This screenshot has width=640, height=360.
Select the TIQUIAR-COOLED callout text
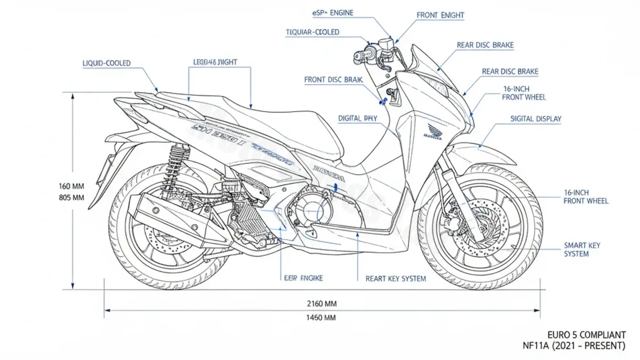313,33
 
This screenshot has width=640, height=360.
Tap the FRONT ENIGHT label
441,15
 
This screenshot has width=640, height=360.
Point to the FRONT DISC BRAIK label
333,80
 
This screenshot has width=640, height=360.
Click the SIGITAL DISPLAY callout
536,119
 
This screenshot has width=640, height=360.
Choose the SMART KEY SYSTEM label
582,250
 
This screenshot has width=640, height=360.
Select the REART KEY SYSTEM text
396,278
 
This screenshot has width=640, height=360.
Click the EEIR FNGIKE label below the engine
301,278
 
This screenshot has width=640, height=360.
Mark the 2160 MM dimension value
322,303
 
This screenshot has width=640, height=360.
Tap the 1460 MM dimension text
322,318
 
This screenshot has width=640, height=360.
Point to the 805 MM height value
71,197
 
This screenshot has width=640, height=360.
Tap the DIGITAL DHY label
357,118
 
